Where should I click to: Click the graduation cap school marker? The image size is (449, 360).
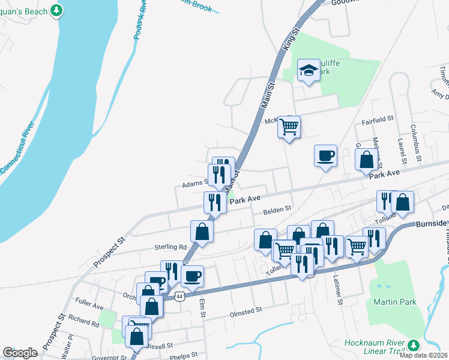coord(309,70)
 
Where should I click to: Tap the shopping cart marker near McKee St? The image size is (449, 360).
coord(289,127)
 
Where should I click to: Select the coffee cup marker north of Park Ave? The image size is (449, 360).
coord(325,156)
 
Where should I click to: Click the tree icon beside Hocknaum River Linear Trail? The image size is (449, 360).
coord(413,345)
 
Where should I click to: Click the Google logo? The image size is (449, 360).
coord(20,353)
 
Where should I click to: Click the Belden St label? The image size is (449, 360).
coord(277,209)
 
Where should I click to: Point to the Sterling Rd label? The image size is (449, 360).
coord(170,247)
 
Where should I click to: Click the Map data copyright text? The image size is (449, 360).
coord(423,355)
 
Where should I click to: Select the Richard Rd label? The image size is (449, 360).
coord(83,323)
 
